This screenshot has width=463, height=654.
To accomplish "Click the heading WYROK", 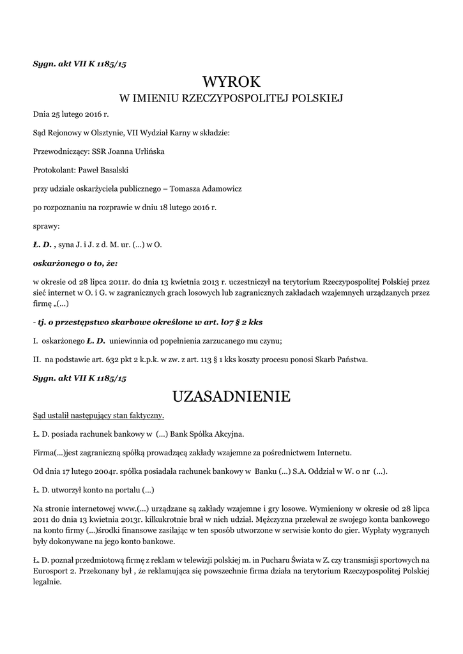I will [232, 82].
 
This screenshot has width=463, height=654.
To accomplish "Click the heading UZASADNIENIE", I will [231, 396].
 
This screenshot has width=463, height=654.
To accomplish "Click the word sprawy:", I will [46, 226].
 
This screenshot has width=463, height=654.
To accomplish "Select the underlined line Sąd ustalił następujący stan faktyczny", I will [98, 416].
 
